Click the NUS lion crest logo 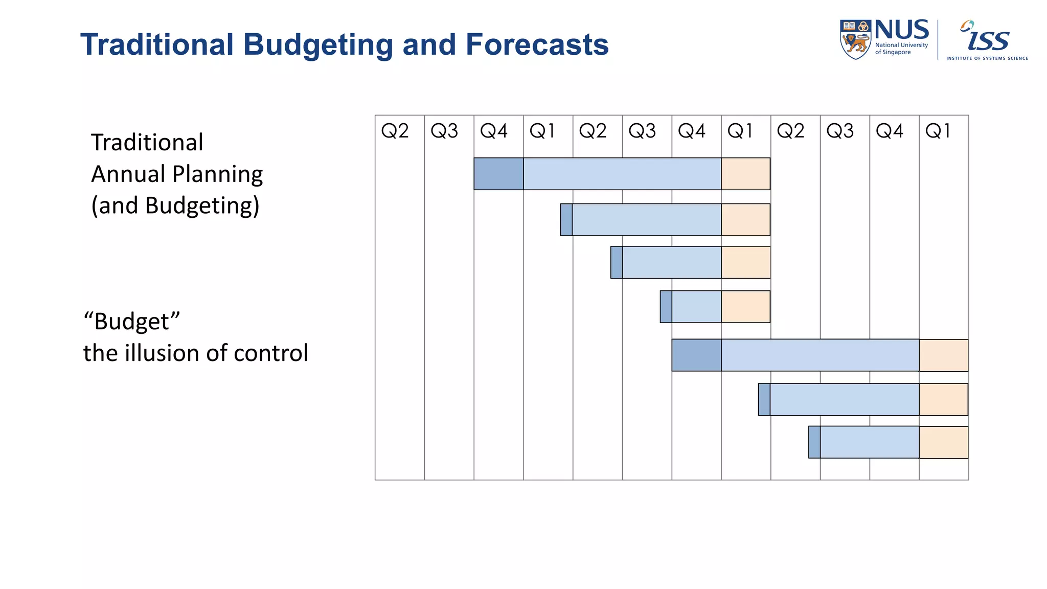[x=855, y=40]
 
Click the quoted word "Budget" [x=132, y=322]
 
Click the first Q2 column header [x=395, y=131]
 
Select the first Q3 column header [x=444, y=131]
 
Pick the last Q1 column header [x=938, y=131]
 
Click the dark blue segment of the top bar [x=498, y=174]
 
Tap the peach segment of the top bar [x=745, y=174]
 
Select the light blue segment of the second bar [x=647, y=220]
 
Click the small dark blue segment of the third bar [x=617, y=262]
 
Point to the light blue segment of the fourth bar [x=696, y=307]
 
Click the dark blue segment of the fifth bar [x=696, y=355]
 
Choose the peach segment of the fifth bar [x=943, y=355]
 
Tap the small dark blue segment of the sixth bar [x=764, y=399]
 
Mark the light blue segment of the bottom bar [x=869, y=442]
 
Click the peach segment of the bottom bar [x=943, y=442]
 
